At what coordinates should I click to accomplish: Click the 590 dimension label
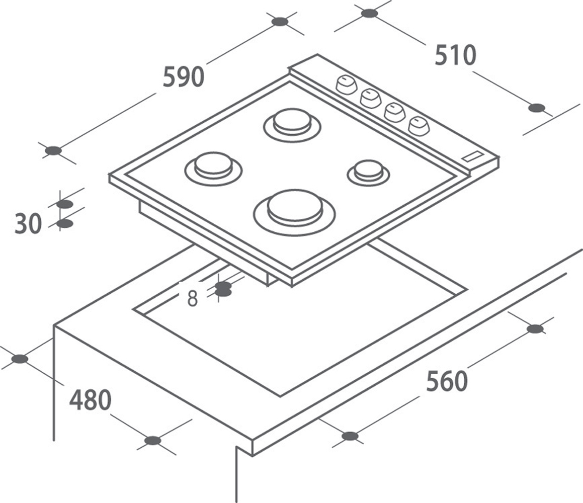tap(184, 77)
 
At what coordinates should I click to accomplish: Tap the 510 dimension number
tap(455, 55)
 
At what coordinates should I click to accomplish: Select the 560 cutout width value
tap(447, 381)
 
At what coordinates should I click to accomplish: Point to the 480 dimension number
tap(91, 400)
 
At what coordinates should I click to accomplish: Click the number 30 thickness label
tap(28, 224)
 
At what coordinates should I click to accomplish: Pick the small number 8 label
tap(192, 298)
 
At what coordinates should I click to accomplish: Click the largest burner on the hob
tap(294, 212)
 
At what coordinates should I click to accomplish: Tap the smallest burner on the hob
tap(369, 173)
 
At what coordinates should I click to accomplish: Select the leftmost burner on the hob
tap(213, 169)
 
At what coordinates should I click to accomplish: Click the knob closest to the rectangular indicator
tap(419, 126)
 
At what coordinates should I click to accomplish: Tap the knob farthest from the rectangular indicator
tap(346, 85)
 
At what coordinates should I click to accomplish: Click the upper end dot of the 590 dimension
tap(280, 22)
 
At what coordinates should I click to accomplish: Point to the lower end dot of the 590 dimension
tap(53, 150)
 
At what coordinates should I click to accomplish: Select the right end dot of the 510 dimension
tap(537, 108)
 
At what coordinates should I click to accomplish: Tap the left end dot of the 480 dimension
tap(20, 359)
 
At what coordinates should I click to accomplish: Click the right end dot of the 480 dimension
tap(153, 441)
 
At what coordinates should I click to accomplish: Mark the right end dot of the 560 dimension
tap(535, 328)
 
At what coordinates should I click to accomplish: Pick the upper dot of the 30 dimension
tap(65, 204)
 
